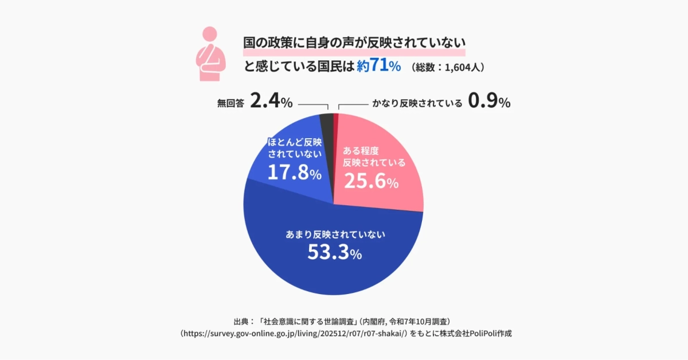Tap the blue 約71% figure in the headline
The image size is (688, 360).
point(378,66)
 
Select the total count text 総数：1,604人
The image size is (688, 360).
point(448,68)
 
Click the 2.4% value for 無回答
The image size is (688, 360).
point(272,103)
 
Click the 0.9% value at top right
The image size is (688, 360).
point(489,103)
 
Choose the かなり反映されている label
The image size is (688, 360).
point(417,104)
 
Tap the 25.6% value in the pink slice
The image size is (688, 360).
point(370,182)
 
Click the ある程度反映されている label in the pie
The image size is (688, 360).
point(374,156)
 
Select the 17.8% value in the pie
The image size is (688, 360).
point(294,171)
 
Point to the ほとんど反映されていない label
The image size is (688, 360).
point(294,148)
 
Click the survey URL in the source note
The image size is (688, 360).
point(294,333)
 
